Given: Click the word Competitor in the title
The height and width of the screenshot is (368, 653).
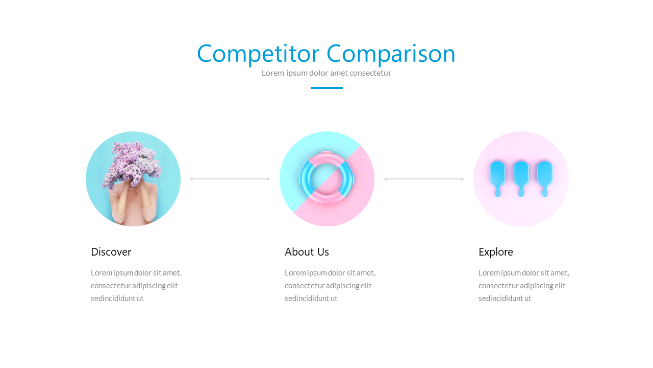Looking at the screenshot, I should point(258,54).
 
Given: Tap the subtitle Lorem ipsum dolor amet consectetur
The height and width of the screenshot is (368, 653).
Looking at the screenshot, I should point(326,73).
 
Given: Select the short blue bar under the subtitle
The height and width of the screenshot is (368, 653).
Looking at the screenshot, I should point(326,88).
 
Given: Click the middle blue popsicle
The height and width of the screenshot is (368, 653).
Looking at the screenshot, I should point(521,174).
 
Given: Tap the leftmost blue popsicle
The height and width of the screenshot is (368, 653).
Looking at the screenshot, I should point(497,174).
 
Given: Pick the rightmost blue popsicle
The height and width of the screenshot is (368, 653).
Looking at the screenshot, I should point(544,174).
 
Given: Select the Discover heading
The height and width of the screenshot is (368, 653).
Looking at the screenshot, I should point(111,252).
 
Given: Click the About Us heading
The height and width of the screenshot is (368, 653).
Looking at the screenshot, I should point(307,252).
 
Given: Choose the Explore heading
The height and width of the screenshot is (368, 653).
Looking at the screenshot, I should point(495,252).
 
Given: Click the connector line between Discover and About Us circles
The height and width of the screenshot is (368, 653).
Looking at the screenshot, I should point(230,179).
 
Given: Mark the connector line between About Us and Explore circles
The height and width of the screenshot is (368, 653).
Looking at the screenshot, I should point(424,179).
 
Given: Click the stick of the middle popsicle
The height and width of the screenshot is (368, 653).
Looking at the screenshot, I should point(521,192).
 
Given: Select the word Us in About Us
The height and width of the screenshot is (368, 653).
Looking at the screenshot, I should point(323,252).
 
